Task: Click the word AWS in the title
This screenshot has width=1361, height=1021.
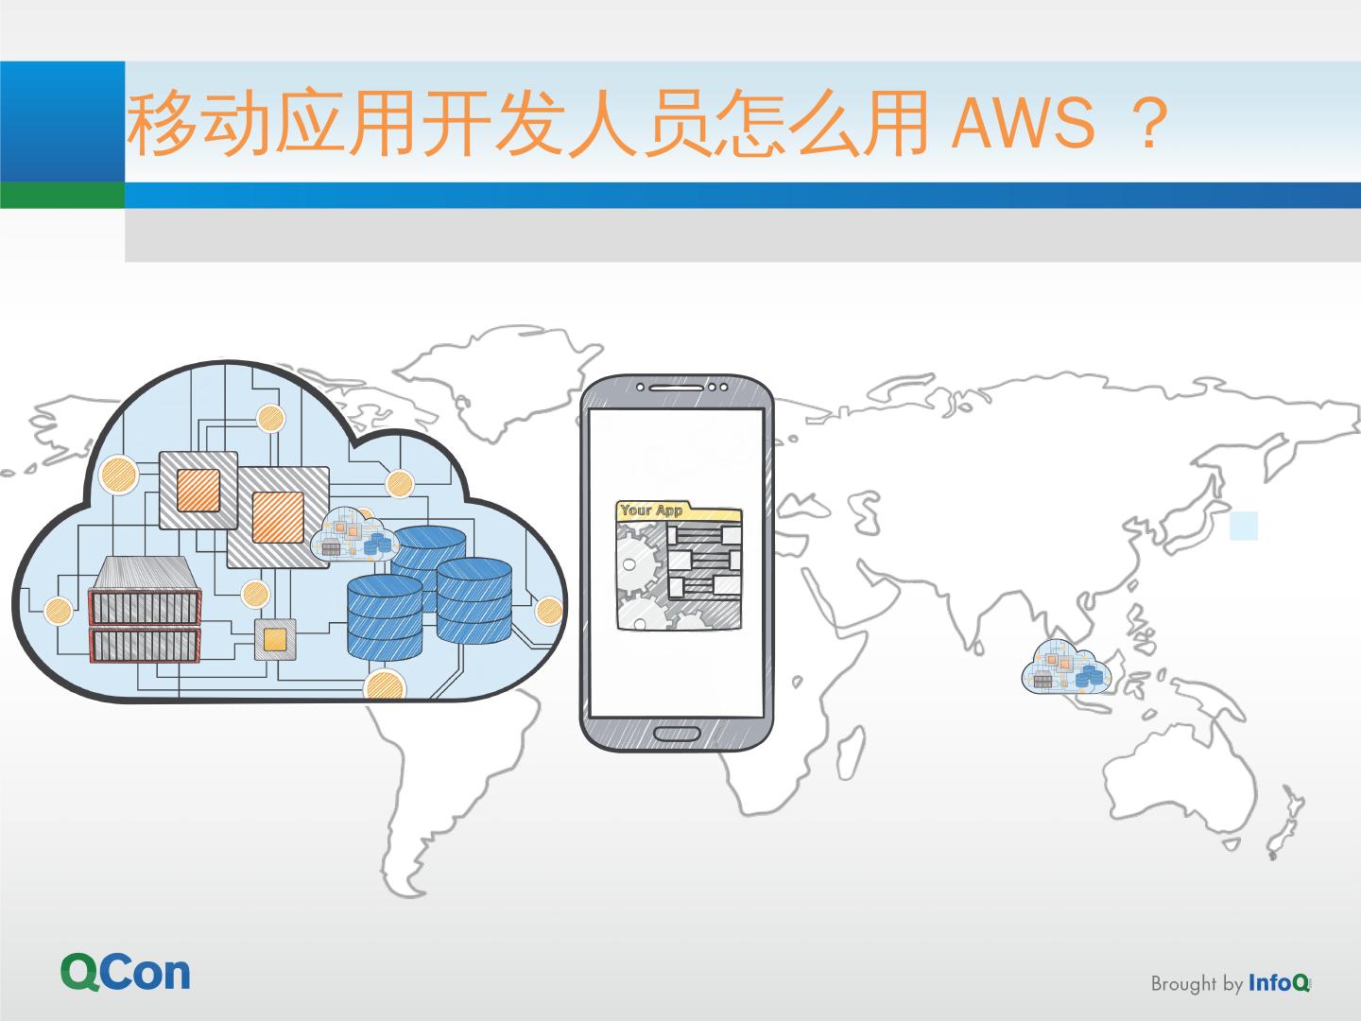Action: pos(1024,125)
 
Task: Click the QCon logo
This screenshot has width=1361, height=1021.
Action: pos(126,972)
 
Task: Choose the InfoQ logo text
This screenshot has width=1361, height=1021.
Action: pos(1279,983)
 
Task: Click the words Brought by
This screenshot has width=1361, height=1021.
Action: pos(1196,984)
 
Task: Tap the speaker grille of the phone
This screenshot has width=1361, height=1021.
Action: pos(671,387)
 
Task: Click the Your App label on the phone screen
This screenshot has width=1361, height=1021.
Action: pos(651,510)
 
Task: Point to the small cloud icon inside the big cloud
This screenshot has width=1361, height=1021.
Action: pos(353,536)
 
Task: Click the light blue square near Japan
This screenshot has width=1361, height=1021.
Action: pos(1244,526)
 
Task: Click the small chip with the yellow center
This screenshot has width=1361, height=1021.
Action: pos(275,639)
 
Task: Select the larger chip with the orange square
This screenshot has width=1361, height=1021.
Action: pos(277,516)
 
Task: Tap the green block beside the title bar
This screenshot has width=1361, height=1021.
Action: pos(62,195)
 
